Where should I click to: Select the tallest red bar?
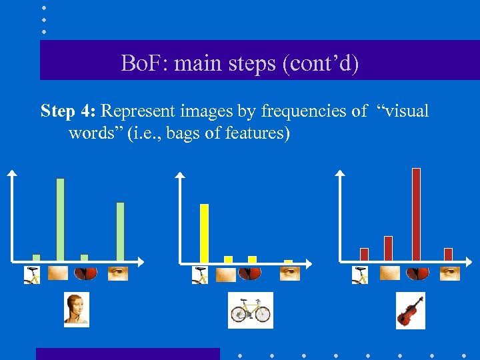(416, 213)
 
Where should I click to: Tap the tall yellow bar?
(204, 233)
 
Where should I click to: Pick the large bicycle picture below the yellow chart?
(250, 310)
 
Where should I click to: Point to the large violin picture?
(410, 310)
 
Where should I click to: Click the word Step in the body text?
(57, 111)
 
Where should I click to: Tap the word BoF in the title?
(137, 65)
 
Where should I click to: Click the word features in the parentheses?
(253, 133)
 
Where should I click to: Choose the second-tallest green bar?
(120, 231)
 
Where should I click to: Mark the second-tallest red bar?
(388, 248)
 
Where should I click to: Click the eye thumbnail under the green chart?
(118, 273)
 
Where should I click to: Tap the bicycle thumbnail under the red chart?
(360, 275)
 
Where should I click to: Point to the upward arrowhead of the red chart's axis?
(340, 173)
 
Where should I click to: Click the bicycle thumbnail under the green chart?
(32, 275)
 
